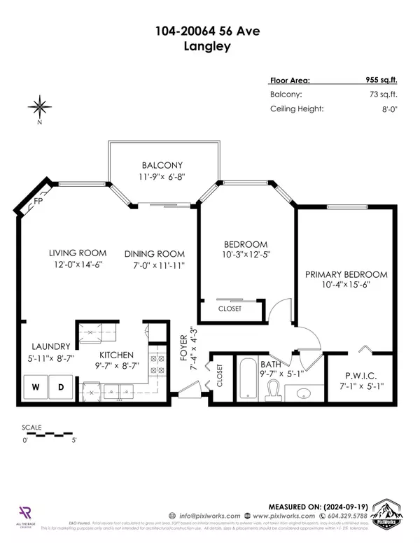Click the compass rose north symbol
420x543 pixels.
[x=40, y=107]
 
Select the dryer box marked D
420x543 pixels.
[x=61, y=387]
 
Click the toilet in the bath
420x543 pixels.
[x=272, y=392]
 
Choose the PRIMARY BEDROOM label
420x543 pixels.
[x=346, y=274]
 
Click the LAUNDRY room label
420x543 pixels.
[x=50, y=346]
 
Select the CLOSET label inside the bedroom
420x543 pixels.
[x=230, y=309]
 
